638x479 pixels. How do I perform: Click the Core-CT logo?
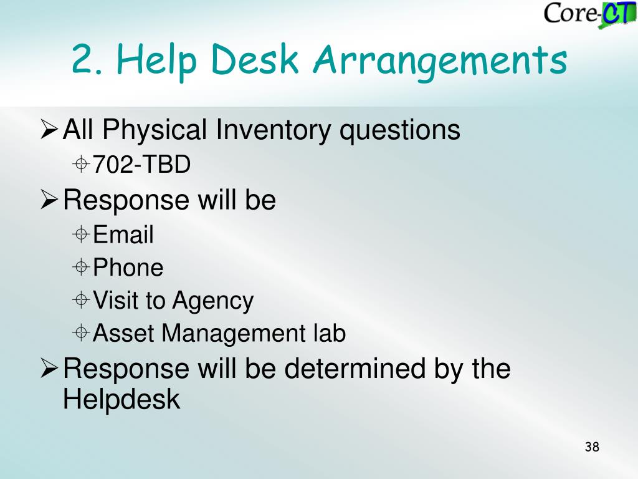click(590, 15)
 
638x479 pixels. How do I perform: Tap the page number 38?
click(592, 447)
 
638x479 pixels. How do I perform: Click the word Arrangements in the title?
click(440, 60)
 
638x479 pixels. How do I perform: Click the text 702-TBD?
click(141, 164)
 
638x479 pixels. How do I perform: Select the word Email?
click(123, 235)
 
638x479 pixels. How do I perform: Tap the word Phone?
click(128, 267)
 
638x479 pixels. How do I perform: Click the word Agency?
click(213, 302)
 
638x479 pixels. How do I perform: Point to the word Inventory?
click(273, 130)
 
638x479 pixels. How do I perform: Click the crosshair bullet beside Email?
click(81, 235)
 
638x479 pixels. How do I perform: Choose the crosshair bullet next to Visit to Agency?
click(81, 300)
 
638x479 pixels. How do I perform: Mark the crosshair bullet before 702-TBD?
click(81, 164)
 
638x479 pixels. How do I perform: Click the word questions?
click(400, 131)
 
